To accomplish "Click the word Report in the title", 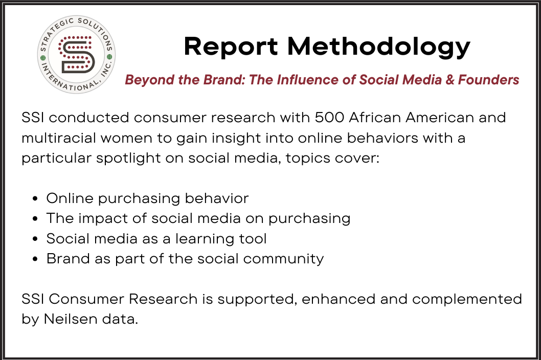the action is pos(231,46).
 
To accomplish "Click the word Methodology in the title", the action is pos(379,46).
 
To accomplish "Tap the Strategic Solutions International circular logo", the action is pos(76,55).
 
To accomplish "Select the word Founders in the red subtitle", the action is pos(488,80).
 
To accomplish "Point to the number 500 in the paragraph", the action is pos(329,118).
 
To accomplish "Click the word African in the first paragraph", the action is pos(375,118).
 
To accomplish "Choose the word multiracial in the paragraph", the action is pos(59,138).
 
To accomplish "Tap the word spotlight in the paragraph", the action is pos(128,159).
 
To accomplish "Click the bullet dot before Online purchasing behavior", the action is pos(35,199).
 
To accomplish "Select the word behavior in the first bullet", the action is pos(217,198).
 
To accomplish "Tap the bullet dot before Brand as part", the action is pos(35,259).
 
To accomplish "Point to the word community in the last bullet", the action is pos(283,259).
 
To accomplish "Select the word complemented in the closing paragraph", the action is pos(467,299).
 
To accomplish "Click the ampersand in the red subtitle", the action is pos(449,80).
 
